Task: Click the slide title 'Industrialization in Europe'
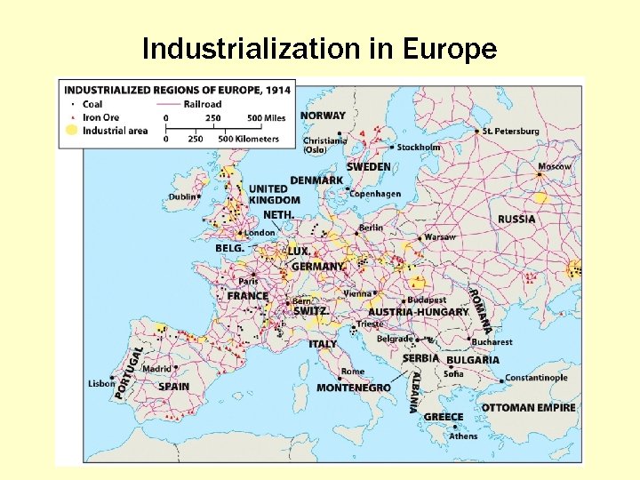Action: point(319,49)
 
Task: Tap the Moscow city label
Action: point(554,166)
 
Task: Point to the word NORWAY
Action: point(323,116)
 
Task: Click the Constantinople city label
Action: point(536,378)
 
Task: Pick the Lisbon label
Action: point(101,384)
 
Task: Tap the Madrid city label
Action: point(156,369)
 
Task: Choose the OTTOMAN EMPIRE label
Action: point(528,408)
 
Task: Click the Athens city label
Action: point(463,436)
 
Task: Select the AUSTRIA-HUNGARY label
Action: point(418,312)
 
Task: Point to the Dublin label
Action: point(182,196)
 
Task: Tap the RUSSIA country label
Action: point(516,219)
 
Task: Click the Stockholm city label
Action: point(419,148)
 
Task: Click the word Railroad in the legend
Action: point(203,104)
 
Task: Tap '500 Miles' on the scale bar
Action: point(267,117)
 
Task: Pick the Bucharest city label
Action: point(492,341)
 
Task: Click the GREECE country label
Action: point(444,417)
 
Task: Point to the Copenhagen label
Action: point(375,194)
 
